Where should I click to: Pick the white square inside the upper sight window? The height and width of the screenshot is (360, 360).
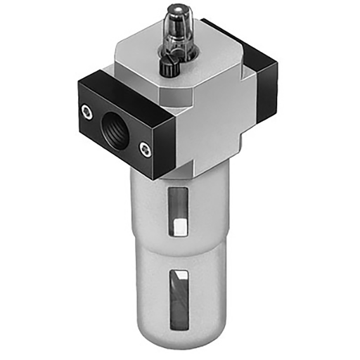tap(180, 227)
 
